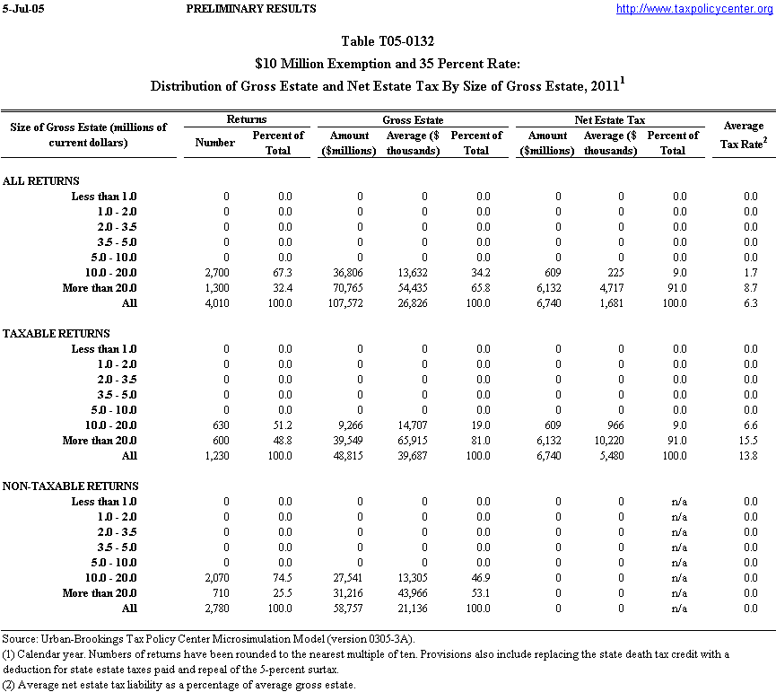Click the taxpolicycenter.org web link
pyautogui.click(x=694, y=9)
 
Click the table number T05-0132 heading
pyautogui.click(x=388, y=41)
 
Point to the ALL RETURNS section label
pyautogui.click(x=41, y=180)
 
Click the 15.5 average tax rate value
pyautogui.click(x=750, y=441)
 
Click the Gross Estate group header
pyautogui.click(x=413, y=119)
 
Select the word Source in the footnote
pyautogui.click(x=20, y=638)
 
